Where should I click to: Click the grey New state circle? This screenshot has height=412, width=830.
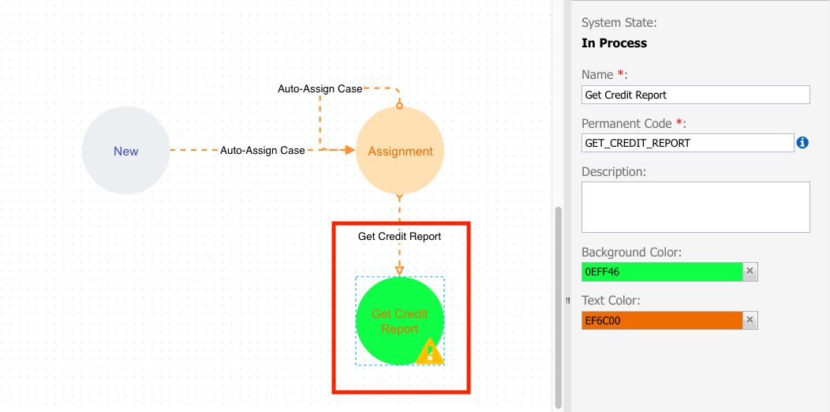pos(126,151)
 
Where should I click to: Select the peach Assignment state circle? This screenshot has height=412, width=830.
pos(400,151)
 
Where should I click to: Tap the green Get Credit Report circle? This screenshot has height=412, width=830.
pos(400,321)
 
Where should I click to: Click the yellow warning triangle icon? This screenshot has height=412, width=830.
pos(430,352)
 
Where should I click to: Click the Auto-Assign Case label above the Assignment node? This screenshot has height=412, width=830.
pos(320,89)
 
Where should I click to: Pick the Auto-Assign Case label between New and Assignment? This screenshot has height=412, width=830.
pos(263,151)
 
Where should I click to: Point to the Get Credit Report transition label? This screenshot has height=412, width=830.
pos(400,236)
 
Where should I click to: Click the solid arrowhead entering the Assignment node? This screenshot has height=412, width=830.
pos(350,151)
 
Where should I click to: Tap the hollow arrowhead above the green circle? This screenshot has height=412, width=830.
pos(400,271)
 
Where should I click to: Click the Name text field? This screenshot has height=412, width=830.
pos(696,95)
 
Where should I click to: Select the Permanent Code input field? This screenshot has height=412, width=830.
pos(688,143)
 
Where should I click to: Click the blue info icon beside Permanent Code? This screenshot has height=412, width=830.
pos(802,142)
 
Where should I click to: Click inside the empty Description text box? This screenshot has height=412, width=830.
pos(696,207)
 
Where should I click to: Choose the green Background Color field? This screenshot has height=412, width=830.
pos(662,272)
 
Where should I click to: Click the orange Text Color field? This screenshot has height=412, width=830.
pos(662,320)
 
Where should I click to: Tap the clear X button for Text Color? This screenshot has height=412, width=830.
pos(750,320)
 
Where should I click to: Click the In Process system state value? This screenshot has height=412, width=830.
pos(614,43)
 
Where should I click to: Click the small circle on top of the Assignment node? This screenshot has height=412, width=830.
pos(400,106)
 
